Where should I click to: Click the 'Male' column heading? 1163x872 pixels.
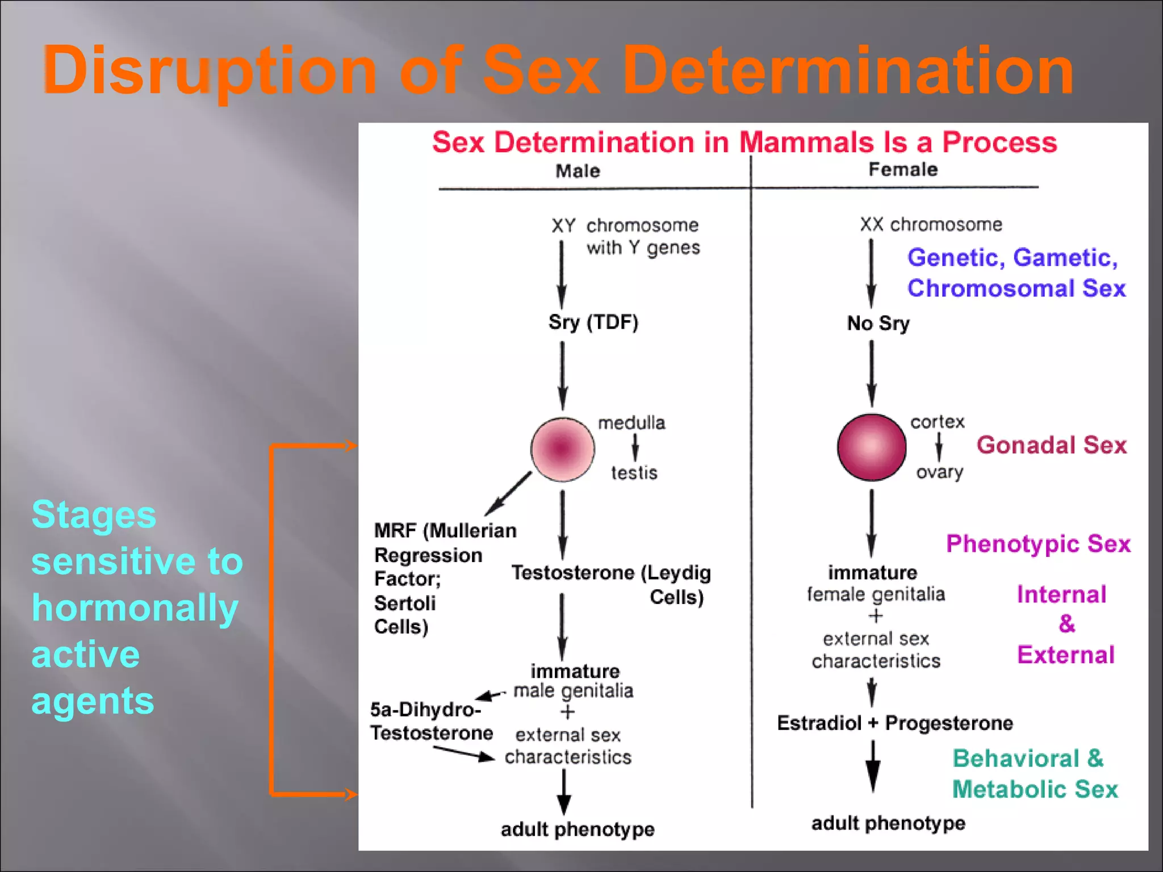click(x=578, y=171)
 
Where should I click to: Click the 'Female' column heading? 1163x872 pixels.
click(x=903, y=169)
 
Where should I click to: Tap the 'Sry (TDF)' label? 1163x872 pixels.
click(x=593, y=322)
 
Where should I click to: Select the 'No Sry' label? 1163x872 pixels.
click(x=878, y=323)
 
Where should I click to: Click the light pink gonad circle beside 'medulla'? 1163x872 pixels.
click(x=562, y=449)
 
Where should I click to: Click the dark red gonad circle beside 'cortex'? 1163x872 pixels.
click(x=871, y=447)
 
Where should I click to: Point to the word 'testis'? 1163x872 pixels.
click(x=634, y=472)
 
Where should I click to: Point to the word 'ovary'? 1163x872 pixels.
click(x=939, y=472)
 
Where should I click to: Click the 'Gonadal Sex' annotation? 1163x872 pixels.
click(x=1051, y=445)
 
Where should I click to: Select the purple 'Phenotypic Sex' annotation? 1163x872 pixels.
click(x=1038, y=543)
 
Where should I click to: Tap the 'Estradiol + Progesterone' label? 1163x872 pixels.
click(x=895, y=723)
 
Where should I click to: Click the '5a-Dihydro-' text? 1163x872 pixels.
click(x=425, y=709)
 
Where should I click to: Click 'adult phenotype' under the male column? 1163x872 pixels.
click(x=578, y=829)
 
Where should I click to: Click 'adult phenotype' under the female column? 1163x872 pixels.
click(x=888, y=823)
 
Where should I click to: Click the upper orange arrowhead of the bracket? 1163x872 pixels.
click(x=351, y=446)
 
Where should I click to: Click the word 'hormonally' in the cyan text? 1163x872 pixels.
click(x=135, y=607)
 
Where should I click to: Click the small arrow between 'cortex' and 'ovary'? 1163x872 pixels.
click(x=939, y=447)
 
